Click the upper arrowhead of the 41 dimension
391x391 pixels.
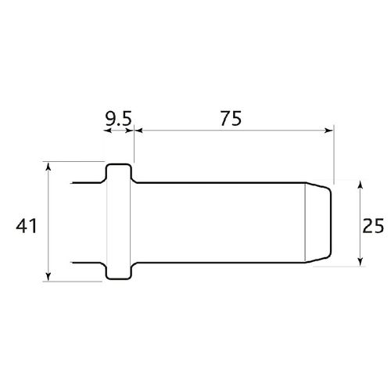49,167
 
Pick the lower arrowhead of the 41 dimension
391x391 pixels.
49,276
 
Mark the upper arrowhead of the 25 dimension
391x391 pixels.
360,185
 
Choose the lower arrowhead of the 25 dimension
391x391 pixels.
360,261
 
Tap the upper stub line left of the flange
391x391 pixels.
88,184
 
